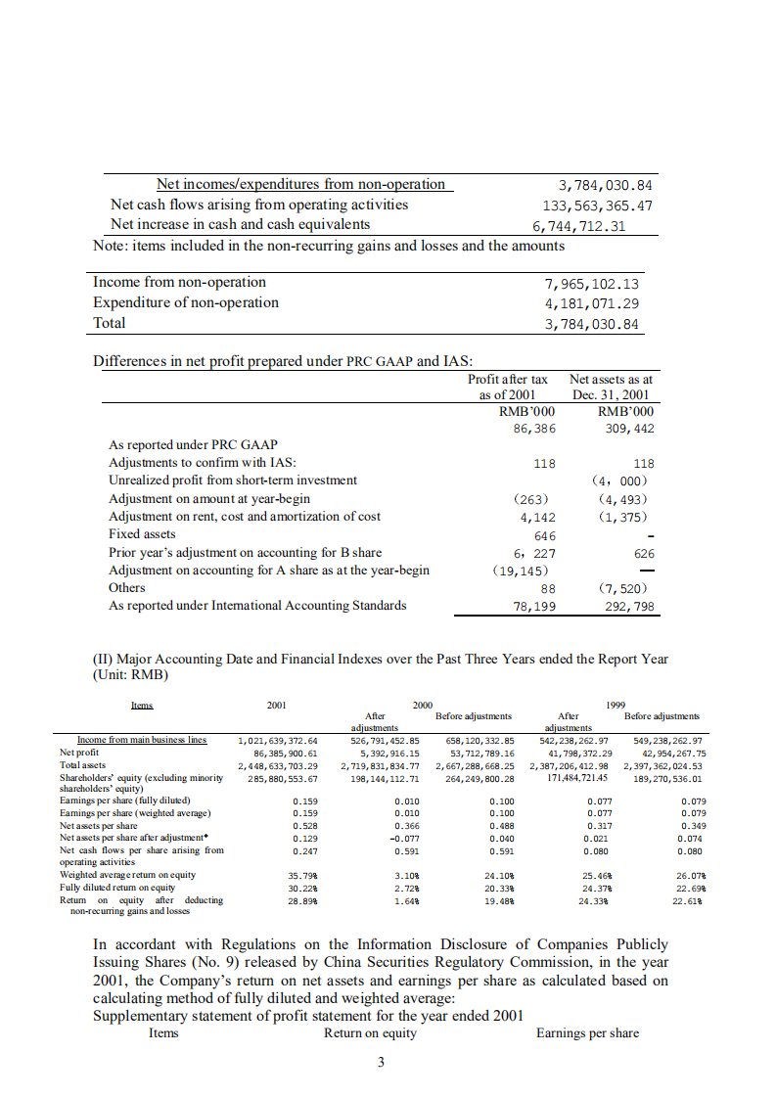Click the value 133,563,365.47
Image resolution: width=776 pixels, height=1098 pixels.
coord(598,206)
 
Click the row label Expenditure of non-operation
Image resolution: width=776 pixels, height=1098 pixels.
coord(186,302)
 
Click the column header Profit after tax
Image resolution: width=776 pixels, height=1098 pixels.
coord(508,379)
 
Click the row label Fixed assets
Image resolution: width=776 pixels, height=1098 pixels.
coord(142,534)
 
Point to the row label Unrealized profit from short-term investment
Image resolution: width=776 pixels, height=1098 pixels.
coord(233,480)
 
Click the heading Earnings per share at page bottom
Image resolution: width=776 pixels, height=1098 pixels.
coord(587,1033)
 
